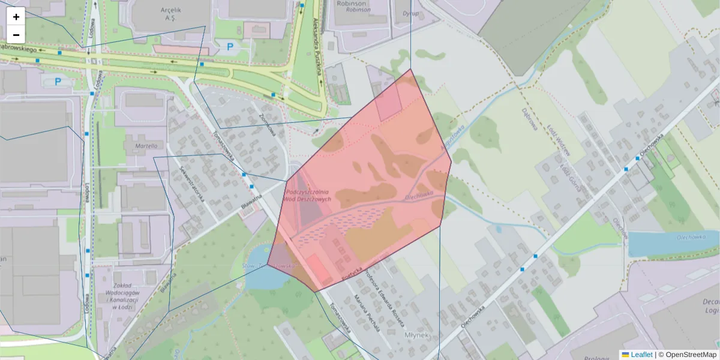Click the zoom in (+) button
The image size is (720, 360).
[16, 17]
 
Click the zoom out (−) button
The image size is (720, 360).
[16, 34]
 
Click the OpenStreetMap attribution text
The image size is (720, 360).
[691, 355]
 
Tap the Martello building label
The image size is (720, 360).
[146, 146]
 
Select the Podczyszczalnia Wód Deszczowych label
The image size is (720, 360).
[307, 196]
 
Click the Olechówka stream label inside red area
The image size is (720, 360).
[419, 195]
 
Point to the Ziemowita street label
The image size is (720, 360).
[266, 123]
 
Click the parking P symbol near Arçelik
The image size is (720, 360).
[230, 46]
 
